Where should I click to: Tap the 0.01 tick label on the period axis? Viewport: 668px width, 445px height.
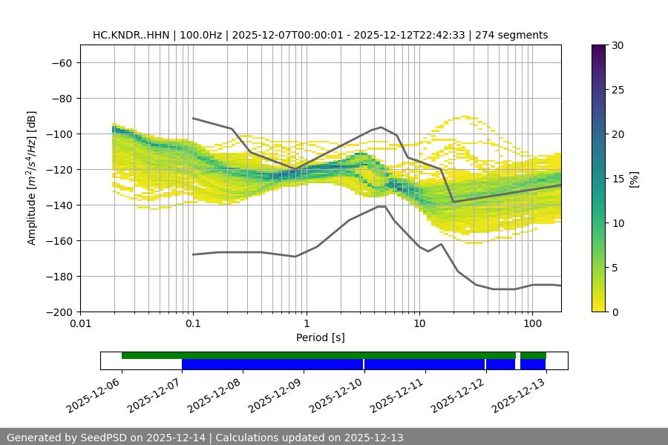(80, 324)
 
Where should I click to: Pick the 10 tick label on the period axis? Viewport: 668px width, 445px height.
(419, 324)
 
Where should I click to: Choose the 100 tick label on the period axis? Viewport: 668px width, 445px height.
(531, 324)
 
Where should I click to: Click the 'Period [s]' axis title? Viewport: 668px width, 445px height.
(320, 337)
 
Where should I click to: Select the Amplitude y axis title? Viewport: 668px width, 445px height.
(32, 178)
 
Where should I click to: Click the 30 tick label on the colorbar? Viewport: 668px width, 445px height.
(617, 45)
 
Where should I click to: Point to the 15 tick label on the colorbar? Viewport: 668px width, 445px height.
(617, 179)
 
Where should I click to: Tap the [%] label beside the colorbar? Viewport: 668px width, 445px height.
(633, 179)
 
